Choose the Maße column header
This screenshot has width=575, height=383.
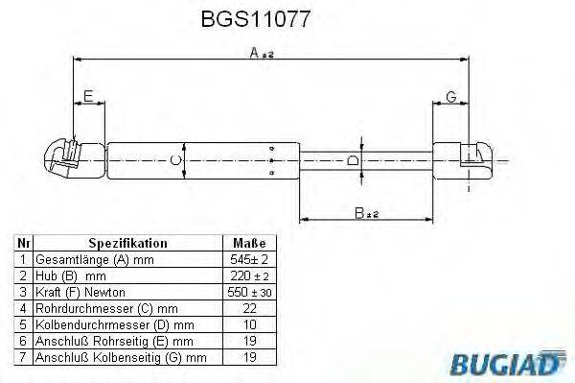(x=248, y=244)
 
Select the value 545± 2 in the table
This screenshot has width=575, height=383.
(x=248, y=260)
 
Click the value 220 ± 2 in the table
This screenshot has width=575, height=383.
(x=248, y=275)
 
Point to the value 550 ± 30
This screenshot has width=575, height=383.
(x=248, y=291)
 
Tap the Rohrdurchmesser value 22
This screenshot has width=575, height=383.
(x=248, y=307)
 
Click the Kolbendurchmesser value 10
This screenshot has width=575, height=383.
(x=248, y=324)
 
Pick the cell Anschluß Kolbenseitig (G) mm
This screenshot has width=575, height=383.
(x=120, y=357)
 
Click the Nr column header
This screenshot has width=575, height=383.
(x=23, y=244)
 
